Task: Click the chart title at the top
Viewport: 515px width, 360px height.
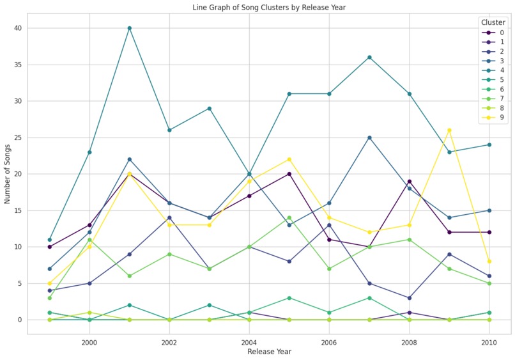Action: click(269, 8)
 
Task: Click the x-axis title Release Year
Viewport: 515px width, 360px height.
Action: click(269, 352)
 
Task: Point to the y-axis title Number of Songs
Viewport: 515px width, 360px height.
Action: click(8, 175)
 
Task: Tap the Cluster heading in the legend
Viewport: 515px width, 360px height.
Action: click(493, 22)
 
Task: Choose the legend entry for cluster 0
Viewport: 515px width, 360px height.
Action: click(502, 33)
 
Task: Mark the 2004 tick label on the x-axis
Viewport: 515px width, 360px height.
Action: click(249, 342)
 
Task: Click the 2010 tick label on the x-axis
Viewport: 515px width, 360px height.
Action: click(489, 342)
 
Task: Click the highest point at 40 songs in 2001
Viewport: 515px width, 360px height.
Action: click(129, 28)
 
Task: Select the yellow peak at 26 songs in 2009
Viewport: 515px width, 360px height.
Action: click(449, 130)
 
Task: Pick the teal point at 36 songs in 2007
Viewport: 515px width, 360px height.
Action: click(369, 58)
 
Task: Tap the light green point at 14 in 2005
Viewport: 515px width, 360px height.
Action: click(289, 217)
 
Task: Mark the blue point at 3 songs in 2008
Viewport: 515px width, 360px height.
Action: click(409, 298)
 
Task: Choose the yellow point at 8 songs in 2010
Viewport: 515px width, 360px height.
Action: click(489, 262)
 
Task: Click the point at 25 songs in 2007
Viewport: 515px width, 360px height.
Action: click(369, 137)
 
